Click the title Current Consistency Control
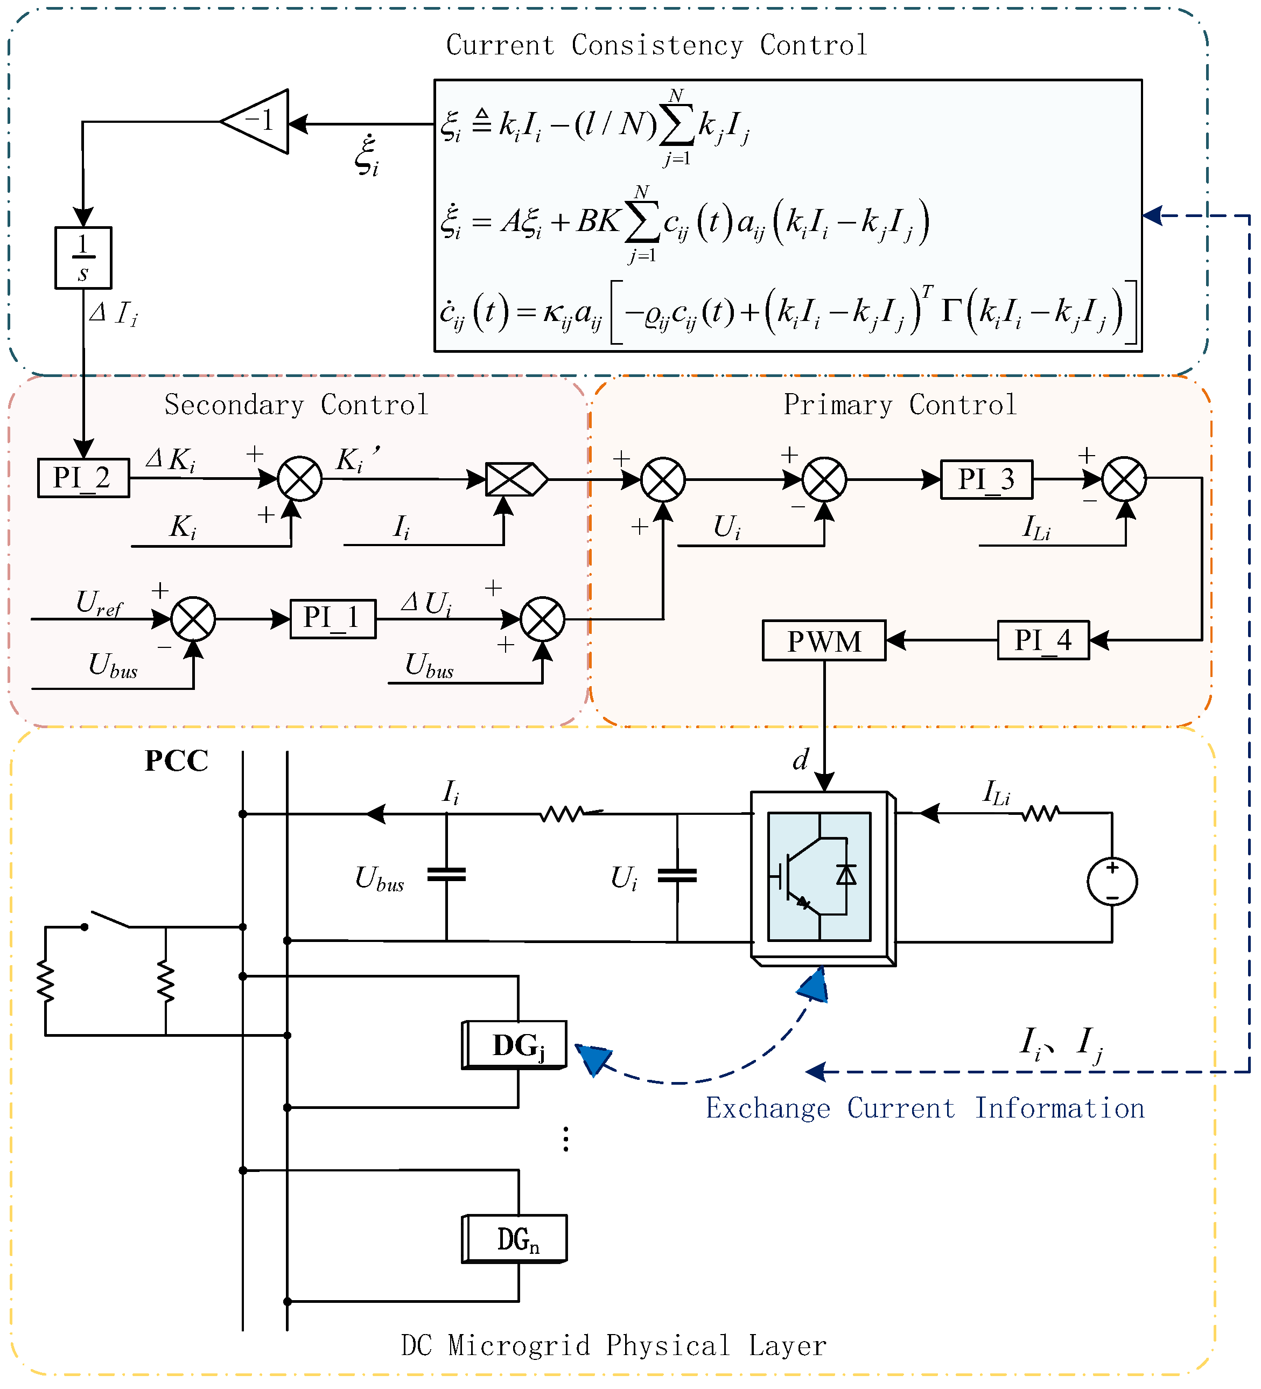(x=657, y=45)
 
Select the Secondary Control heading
(x=297, y=405)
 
